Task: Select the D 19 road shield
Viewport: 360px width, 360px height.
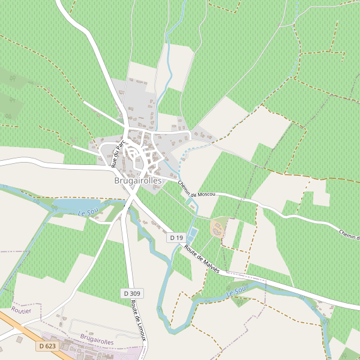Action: click(176, 238)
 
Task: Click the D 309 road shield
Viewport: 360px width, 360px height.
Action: click(133, 293)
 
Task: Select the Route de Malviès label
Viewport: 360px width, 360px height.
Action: click(202, 259)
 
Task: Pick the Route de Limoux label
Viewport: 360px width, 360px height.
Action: click(138, 322)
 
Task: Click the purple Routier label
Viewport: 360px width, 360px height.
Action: click(21, 310)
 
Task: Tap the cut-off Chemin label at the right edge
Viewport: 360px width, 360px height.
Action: click(349, 235)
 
